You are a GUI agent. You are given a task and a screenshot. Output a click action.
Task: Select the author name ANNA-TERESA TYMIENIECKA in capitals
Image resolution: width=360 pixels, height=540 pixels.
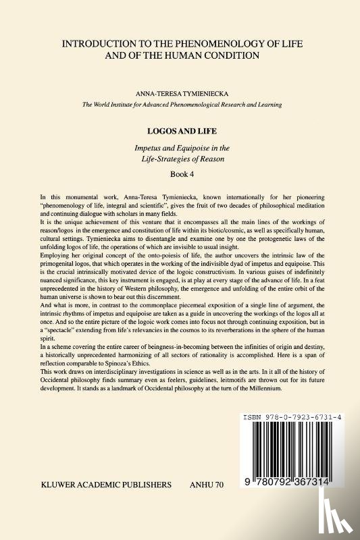(180, 95)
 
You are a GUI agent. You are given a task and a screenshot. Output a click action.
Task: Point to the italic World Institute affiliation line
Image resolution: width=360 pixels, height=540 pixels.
(180, 105)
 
